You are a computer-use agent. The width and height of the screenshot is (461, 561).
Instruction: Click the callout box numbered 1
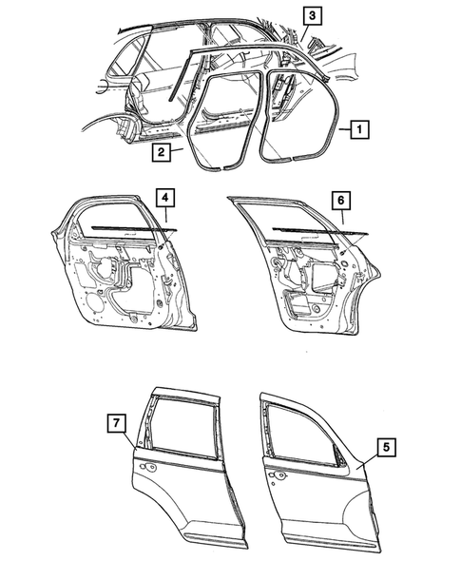[x=357, y=125]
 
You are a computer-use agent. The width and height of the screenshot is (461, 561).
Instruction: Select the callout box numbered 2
[x=163, y=151]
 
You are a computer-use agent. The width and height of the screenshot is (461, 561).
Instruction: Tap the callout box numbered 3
[x=312, y=14]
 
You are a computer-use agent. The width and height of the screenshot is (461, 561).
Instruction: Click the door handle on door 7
[x=149, y=471]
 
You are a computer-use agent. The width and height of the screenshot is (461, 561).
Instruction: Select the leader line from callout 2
[x=178, y=145]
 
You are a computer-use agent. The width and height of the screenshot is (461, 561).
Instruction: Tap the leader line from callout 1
[x=339, y=126]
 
